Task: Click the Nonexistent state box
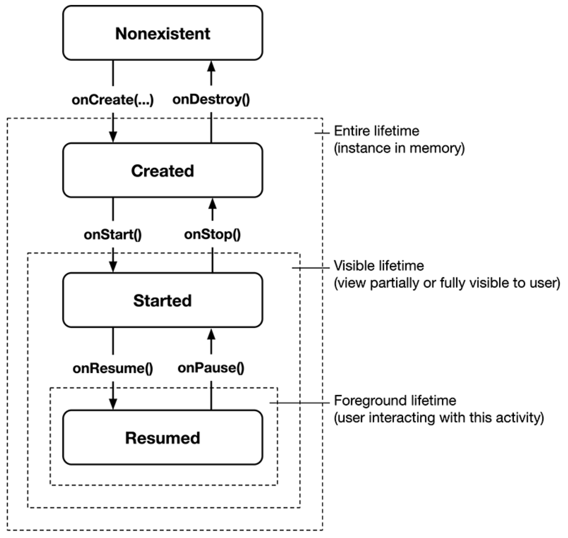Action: [162, 33]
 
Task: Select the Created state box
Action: [162, 170]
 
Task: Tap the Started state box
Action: [162, 300]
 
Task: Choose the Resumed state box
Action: [162, 438]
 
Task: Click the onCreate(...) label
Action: [113, 100]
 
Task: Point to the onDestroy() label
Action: [211, 99]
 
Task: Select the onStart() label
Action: [113, 235]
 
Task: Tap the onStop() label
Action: [212, 235]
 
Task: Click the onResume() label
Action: [113, 368]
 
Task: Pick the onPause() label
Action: [211, 368]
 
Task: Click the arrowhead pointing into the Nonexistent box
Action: [211, 67]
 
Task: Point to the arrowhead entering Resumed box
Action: [113, 404]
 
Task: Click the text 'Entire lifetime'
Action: [376, 131]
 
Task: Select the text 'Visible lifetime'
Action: [379, 266]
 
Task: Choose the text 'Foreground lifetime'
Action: [395, 400]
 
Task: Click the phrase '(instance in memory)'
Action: [399, 148]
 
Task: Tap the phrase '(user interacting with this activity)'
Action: [439, 418]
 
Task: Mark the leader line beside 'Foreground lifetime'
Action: [300, 403]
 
